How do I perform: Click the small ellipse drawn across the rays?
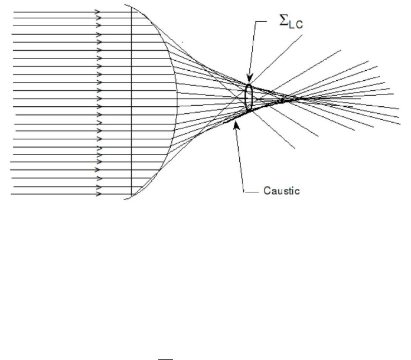tap(249, 97)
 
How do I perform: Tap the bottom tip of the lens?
tap(125, 199)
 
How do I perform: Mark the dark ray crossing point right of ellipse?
tap(283, 101)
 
